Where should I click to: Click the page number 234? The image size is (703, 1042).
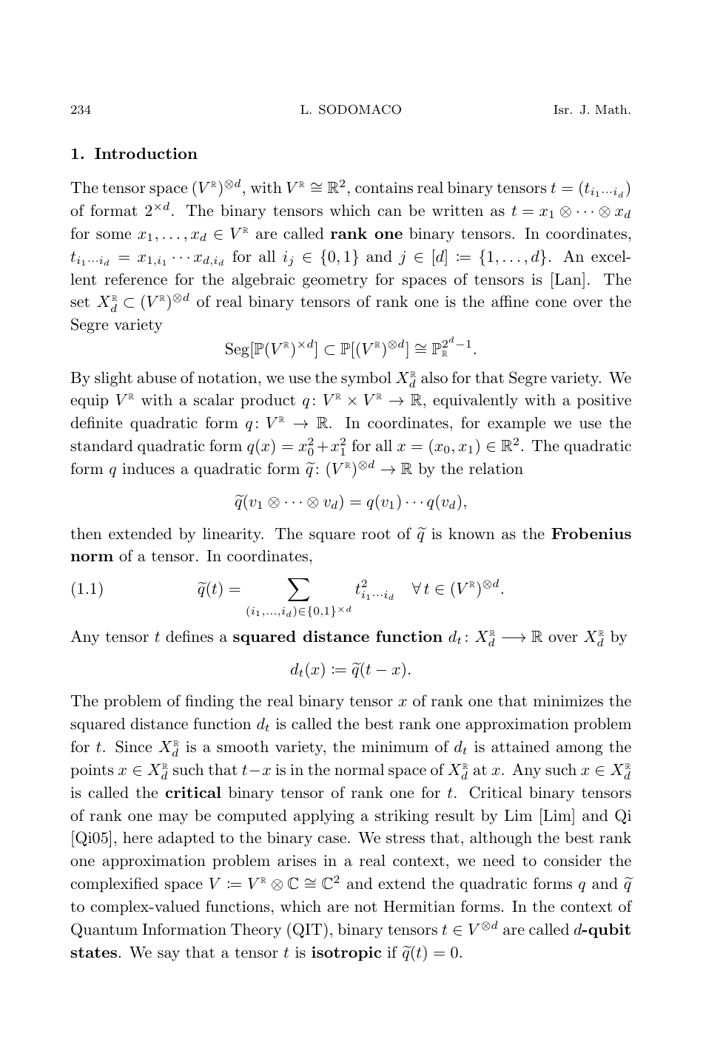81,110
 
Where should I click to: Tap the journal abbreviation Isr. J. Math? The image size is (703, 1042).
591,110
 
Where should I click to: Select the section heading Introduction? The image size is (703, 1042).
146,154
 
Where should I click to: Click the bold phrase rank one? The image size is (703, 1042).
366,234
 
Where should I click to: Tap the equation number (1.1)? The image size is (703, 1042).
87,589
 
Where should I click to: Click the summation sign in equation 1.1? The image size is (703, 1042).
297,588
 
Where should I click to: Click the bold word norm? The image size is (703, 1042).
91,556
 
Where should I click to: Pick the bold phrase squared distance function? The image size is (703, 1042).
337,637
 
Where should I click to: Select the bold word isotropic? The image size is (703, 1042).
346,953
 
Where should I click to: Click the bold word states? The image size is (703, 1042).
93,953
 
